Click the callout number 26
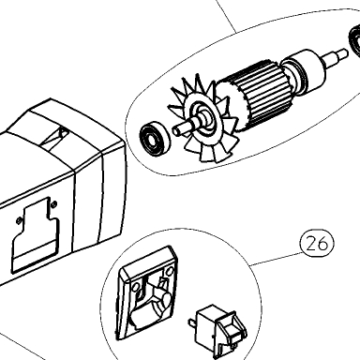coord(317,244)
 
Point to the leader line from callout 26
coord(277,259)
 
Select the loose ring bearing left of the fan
coord(155,139)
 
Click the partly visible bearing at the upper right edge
coord(354,41)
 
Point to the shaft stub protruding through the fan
coord(186,127)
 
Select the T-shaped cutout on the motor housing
coord(36,235)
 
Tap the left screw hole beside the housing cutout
coord(19,220)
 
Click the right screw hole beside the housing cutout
coord(53,203)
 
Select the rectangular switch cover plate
coord(146,293)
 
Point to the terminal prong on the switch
coord(192,323)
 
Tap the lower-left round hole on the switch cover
coord(136,287)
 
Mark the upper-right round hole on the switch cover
coord(170,271)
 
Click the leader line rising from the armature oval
coord(226,16)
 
